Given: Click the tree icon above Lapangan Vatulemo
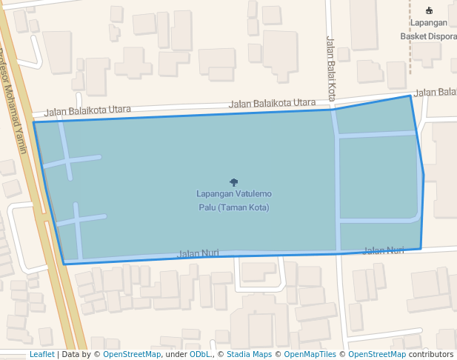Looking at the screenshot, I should pos(234,181).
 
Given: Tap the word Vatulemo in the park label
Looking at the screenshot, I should pos(253,194).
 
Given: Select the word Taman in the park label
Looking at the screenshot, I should pos(234,207).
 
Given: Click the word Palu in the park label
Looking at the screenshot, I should pos(207,207).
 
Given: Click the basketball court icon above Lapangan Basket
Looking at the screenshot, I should pos(429,10).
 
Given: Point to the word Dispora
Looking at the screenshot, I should pos(443,36).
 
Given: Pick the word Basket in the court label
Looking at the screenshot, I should pos(414,36).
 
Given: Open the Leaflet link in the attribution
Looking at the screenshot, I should pos(41,355).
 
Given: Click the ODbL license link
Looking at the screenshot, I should pos(200,355).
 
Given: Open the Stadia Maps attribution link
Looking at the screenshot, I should pos(249,355).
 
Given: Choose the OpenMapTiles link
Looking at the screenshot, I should pos(310,355).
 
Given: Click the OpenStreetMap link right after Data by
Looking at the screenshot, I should pos(132,355).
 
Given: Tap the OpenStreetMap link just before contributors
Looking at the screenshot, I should pos(376,355).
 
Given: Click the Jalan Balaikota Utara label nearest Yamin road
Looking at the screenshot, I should pos(87,111).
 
